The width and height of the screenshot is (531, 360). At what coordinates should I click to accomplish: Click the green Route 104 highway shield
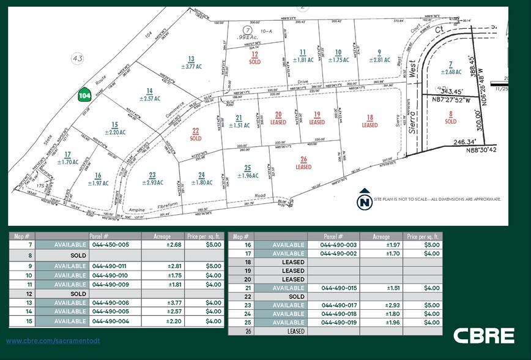(x=84, y=96)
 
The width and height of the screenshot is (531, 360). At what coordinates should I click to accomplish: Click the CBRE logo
(x=483, y=336)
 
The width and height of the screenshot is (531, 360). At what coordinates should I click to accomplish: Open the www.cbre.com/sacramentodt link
(x=53, y=340)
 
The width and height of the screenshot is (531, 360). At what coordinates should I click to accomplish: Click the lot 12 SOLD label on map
(x=254, y=58)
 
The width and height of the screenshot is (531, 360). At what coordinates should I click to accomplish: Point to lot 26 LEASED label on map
(x=303, y=163)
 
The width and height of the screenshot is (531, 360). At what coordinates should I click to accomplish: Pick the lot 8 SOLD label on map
(x=451, y=118)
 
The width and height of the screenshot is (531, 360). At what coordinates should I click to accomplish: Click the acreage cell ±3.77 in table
(x=176, y=302)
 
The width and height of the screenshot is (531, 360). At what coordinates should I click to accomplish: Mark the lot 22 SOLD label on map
(x=196, y=134)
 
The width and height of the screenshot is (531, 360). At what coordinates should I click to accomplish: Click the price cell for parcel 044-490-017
(x=431, y=305)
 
